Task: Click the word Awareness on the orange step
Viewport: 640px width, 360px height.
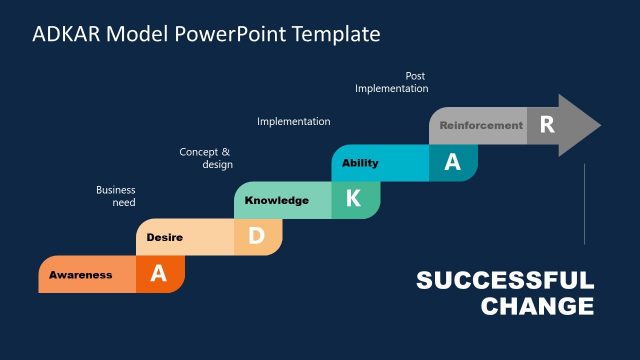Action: point(81,275)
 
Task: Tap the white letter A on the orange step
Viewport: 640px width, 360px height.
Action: point(159,274)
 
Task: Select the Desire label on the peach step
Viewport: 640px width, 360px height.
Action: point(164,237)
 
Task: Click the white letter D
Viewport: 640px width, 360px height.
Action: point(256,236)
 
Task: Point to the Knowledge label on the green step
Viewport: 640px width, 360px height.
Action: point(277,200)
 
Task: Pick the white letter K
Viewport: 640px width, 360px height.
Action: point(353,199)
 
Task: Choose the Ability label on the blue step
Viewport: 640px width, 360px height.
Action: point(360,163)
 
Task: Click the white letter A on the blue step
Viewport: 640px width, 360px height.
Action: point(452,162)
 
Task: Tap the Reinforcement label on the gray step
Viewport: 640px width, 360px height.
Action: point(481,126)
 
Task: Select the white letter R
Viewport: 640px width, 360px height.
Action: point(546,125)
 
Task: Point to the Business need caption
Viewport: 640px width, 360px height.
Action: point(116,196)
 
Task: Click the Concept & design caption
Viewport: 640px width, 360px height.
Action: point(206,158)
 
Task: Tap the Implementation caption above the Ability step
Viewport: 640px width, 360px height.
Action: point(294,121)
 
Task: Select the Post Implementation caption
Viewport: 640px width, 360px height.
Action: point(392,82)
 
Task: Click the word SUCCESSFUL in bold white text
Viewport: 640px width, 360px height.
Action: point(504,280)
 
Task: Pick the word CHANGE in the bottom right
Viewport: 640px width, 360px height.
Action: point(537,306)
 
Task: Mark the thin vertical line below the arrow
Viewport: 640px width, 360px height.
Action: point(584,204)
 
